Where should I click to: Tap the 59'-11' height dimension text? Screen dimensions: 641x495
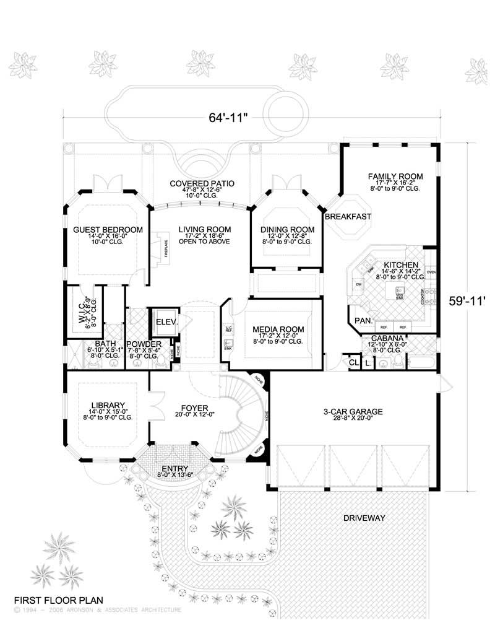coord(469,301)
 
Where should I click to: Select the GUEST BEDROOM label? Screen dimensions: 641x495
coord(108,230)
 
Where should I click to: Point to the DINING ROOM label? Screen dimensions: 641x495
coord(286,230)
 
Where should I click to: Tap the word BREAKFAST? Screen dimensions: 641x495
coord(348,216)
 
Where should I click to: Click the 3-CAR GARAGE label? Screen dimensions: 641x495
coord(353,411)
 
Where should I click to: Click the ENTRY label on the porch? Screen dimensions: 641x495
coord(174,469)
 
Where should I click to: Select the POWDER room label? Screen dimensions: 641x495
coord(143,344)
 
